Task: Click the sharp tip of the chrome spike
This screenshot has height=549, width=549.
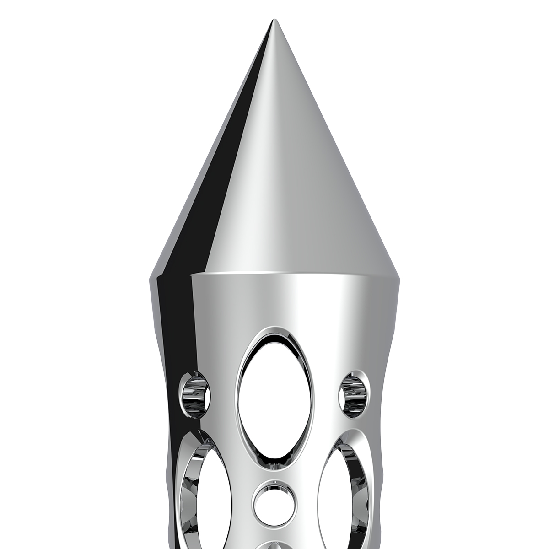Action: click(x=274, y=21)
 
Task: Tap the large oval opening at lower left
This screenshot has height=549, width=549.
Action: click(x=206, y=494)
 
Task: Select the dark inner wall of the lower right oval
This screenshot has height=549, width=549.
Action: click(x=361, y=485)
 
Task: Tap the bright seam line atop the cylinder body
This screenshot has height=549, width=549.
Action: click(x=293, y=274)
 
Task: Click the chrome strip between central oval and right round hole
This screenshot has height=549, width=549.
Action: click(x=327, y=393)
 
